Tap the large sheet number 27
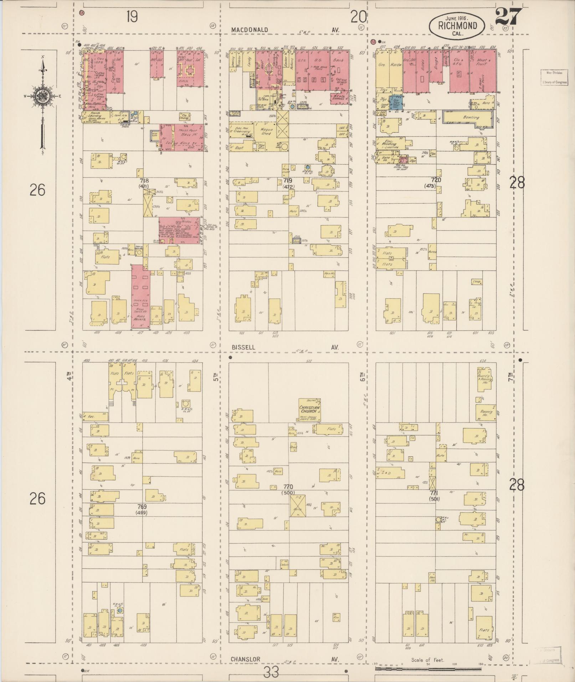coord(508,17)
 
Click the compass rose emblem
coord(42,96)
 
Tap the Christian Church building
coord(309,410)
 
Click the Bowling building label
coord(471,117)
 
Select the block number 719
coord(287,181)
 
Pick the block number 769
coord(142,506)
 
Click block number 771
coord(434,492)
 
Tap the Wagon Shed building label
coord(266,132)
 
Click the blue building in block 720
coord(395,101)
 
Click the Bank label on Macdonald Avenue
coord(338,60)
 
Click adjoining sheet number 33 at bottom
coord(271,672)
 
